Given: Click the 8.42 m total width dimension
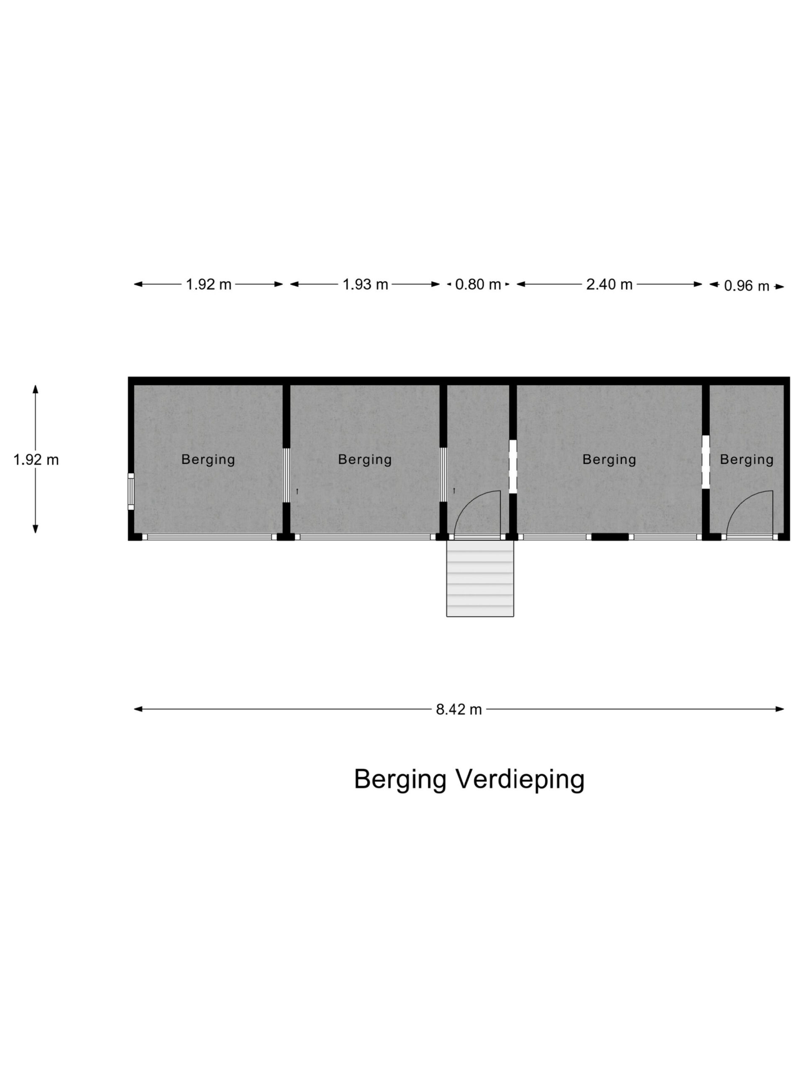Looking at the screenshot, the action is coord(459,709).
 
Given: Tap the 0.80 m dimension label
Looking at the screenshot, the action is coord(478,284).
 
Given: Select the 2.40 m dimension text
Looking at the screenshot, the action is coord(609,284).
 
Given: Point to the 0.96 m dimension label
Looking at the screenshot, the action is coord(746,286).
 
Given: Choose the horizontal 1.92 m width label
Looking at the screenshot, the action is coord(209,284).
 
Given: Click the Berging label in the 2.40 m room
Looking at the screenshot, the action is coord(609,459).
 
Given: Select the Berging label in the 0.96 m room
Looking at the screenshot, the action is coord(746,459).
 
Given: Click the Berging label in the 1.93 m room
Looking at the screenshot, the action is coord(365,459).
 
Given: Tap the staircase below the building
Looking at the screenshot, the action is coord(480,579).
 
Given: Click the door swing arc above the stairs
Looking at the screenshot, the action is coord(477,513).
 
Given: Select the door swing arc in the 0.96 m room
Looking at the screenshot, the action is coord(750,513).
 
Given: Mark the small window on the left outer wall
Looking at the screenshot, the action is coord(131,492).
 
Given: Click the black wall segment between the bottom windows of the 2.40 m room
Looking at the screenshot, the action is coord(610,537).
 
